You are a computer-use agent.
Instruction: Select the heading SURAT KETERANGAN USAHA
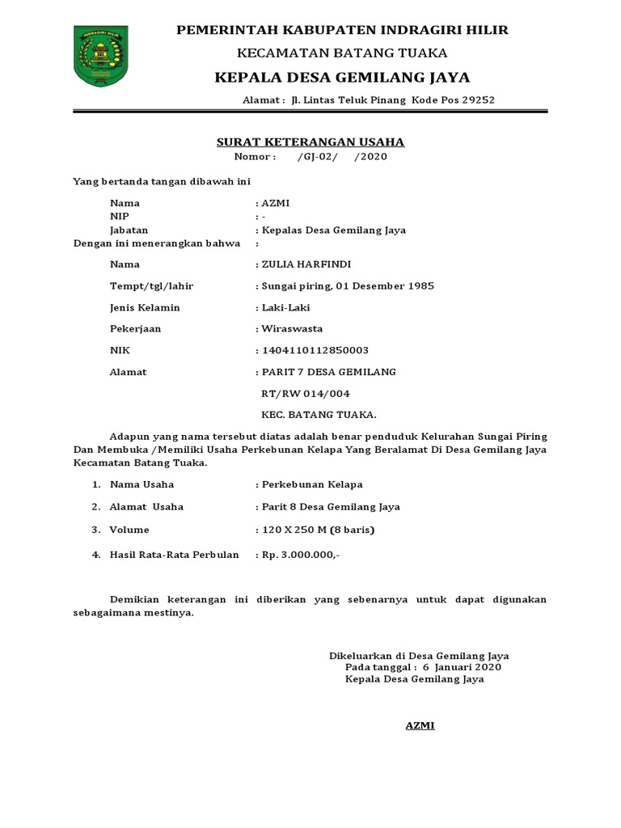[310, 142]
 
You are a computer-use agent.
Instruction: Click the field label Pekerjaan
[136, 329]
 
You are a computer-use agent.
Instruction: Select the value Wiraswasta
[292, 329]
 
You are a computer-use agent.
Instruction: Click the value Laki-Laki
[285, 307]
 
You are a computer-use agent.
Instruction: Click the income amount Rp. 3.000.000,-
[300, 555]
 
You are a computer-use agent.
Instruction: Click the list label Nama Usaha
[142, 484]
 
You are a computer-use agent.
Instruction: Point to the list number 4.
[95, 555]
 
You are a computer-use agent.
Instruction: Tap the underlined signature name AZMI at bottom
[420, 725]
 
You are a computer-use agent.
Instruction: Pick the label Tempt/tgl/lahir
[151, 286]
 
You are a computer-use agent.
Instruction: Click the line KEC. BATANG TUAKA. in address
[319, 415]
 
